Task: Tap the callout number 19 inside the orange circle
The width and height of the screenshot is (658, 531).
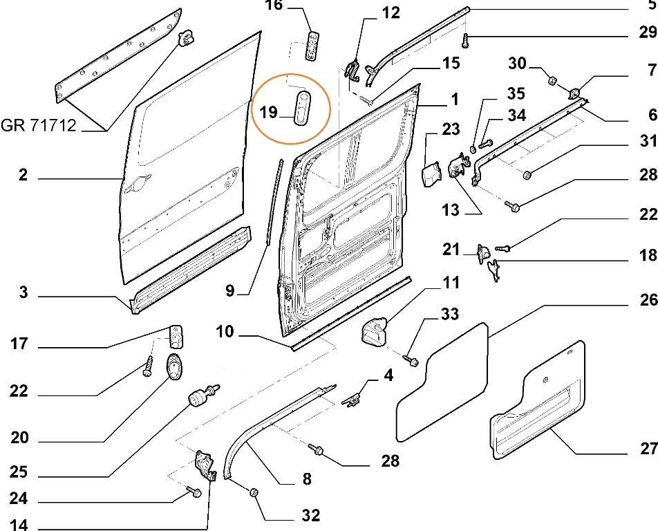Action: [269, 111]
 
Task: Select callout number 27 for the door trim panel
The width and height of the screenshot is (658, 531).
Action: [648, 449]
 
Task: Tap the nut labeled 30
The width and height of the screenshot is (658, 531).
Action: [553, 82]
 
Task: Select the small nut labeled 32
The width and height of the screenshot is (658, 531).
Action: [254, 492]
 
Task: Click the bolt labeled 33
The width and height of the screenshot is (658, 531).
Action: [413, 360]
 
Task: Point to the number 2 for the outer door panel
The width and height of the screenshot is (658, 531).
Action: [23, 176]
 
